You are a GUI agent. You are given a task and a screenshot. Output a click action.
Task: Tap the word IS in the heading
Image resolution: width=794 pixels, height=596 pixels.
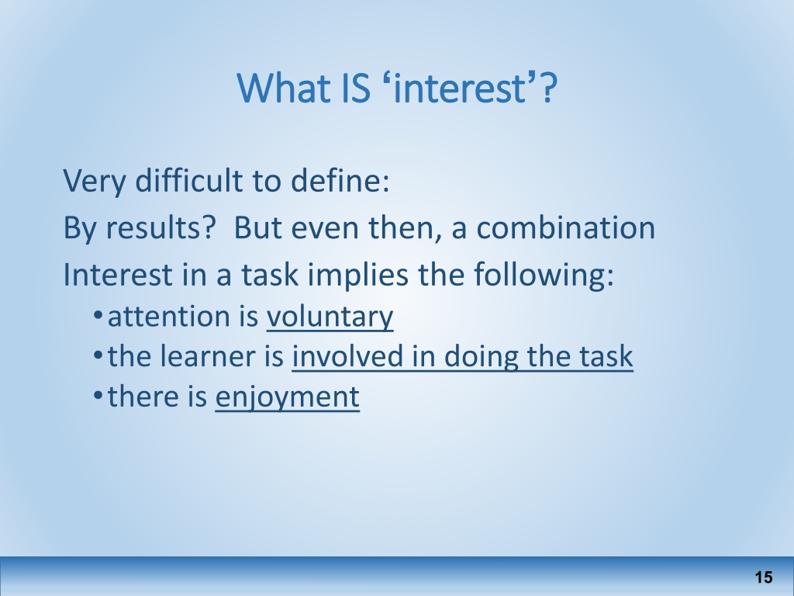[356, 88]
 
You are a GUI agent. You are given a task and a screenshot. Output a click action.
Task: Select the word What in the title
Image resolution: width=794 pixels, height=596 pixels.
[284, 88]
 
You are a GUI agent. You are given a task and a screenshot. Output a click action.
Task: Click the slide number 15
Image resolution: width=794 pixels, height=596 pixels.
[764, 577]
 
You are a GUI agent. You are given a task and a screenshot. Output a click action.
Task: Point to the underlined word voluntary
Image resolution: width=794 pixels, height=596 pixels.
[330, 317]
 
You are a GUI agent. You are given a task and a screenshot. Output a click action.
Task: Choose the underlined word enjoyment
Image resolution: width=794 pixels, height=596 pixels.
[288, 397]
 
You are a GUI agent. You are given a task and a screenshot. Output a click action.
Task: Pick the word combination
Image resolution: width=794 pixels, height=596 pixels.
[565, 227]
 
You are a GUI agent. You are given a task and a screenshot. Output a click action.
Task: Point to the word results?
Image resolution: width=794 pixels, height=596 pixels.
[161, 227]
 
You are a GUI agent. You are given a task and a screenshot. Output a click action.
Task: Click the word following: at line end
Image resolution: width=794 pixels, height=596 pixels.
[544, 275]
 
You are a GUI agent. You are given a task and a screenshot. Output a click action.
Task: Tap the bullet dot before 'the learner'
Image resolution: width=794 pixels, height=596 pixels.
[98, 355]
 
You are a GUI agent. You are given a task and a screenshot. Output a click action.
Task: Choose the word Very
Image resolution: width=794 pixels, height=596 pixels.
[95, 181]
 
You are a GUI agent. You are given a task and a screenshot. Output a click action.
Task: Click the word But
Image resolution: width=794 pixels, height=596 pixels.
[257, 227]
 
